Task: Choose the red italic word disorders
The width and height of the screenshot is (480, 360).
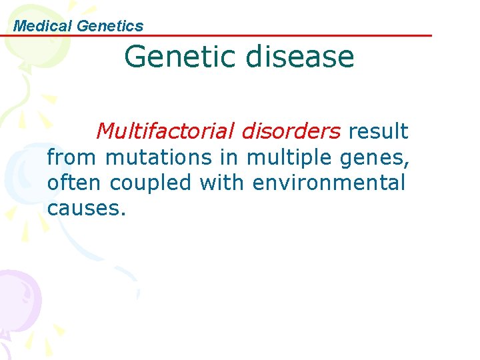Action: coord(291,131)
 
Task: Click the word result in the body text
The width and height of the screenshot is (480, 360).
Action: coord(378,131)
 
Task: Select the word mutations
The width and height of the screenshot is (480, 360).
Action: coord(158,157)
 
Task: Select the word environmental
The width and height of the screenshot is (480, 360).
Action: coord(329,182)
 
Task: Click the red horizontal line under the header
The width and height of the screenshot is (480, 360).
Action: coord(267,35)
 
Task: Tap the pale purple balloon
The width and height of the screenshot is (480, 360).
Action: coord(17,294)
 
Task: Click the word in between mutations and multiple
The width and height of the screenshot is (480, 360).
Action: coord(229,157)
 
